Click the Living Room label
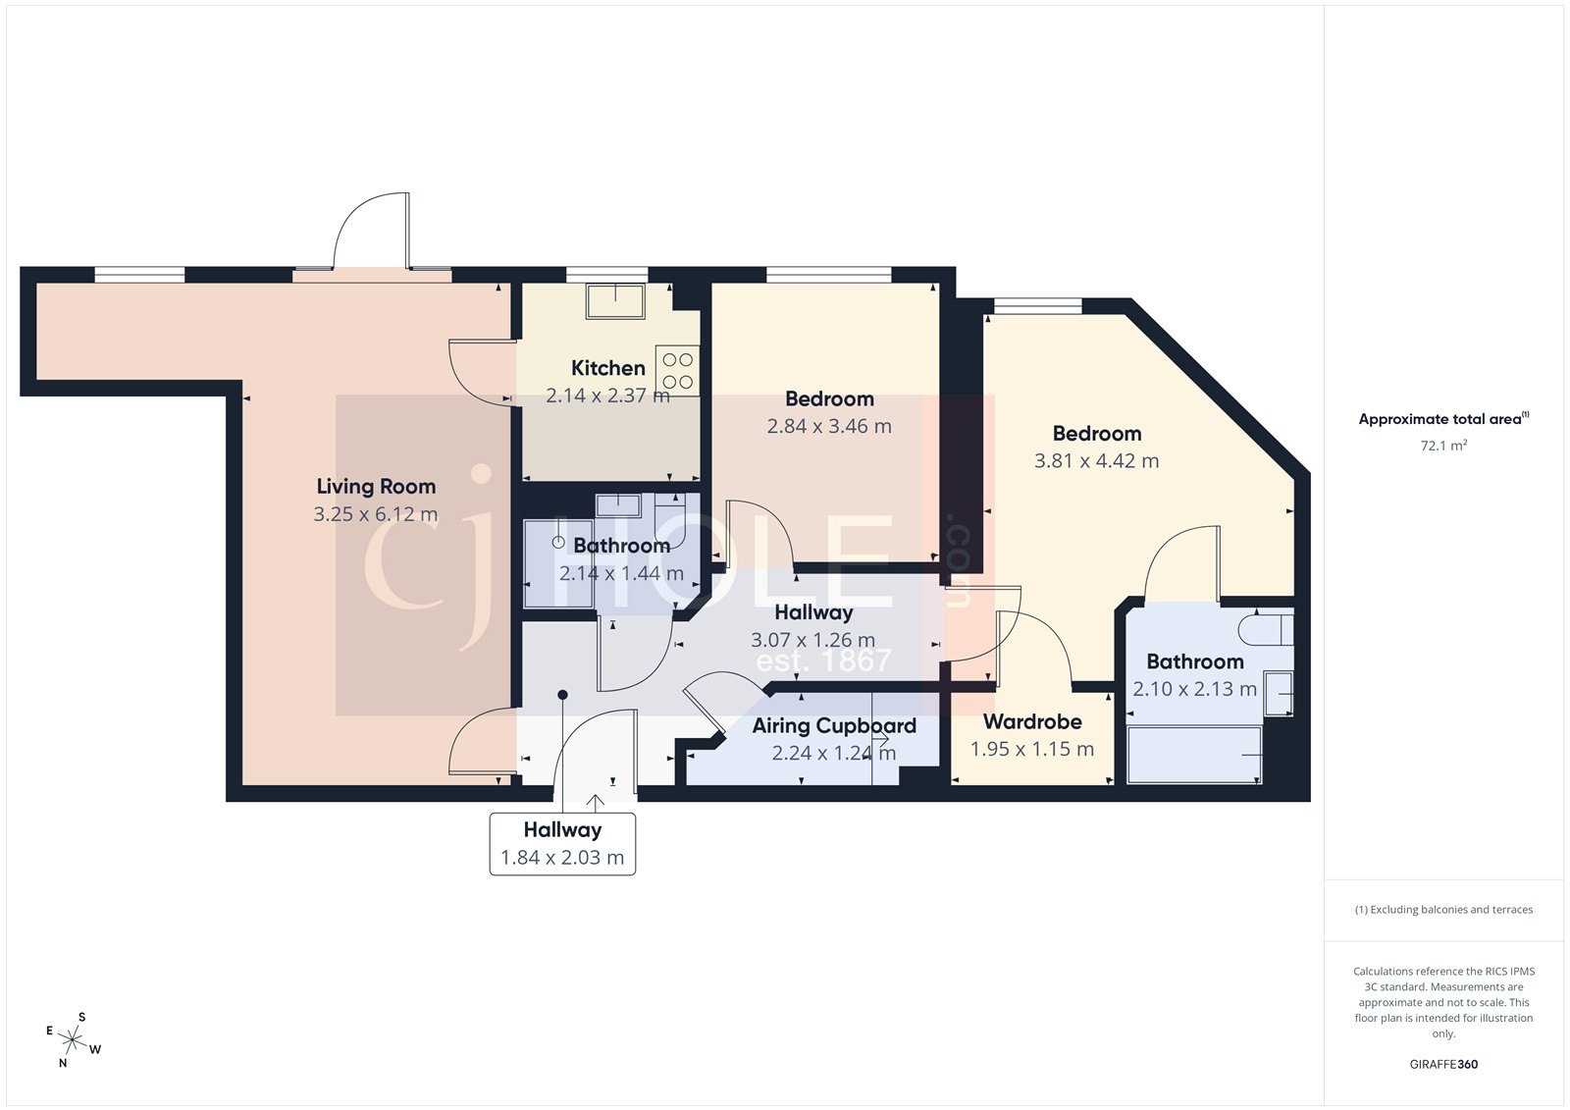(376, 487)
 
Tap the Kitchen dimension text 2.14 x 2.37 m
(607, 396)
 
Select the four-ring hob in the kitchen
(677, 372)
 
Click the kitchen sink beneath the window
(615, 300)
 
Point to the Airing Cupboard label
(834, 726)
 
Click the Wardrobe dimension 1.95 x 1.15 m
(1031, 750)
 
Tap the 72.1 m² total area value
(1443, 446)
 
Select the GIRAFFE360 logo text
(1443, 1064)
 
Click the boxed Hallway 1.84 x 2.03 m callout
(562, 844)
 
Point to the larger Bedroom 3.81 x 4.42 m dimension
(1096, 461)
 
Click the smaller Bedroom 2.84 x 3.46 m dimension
(829, 427)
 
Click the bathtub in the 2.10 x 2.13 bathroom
(1193, 755)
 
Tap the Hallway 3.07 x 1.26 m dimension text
(812, 641)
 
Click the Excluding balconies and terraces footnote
(1443, 910)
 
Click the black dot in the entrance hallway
(562, 695)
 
